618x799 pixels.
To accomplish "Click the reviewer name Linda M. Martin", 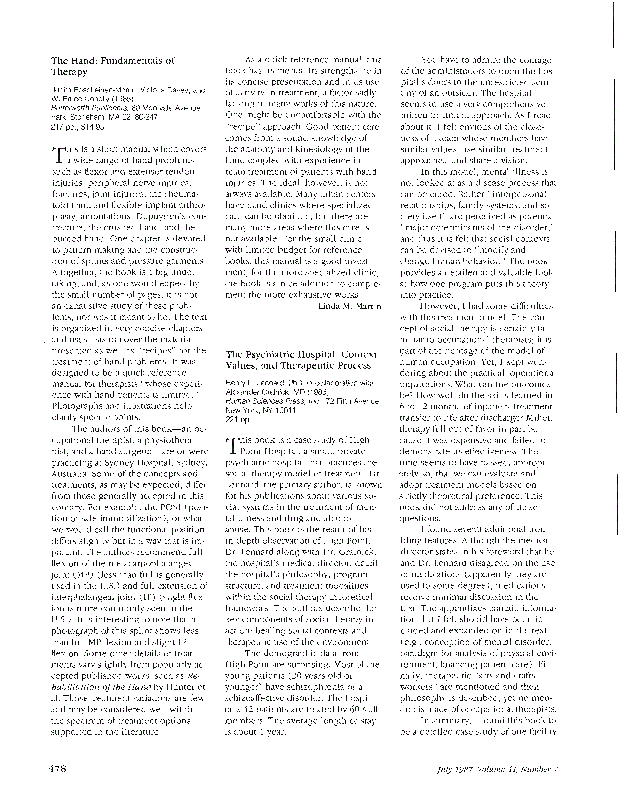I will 350,306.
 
